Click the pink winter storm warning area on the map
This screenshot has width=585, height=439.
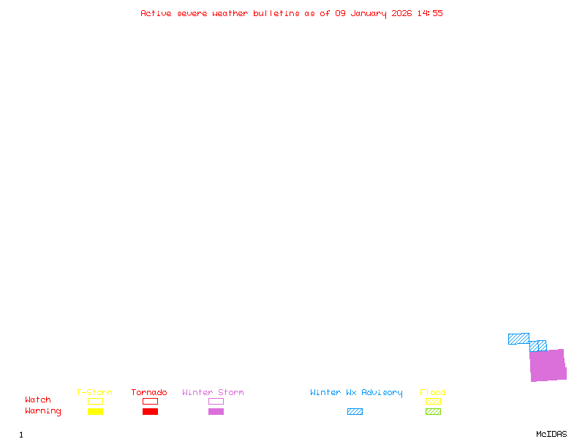[548, 365]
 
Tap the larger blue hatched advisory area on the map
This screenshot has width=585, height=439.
[518, 339]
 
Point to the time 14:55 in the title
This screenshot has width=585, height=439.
[430, 13]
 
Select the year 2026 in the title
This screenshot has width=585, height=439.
[401, 13]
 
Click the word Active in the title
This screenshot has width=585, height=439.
[156, 13]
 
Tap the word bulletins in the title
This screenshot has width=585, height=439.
[276, 13]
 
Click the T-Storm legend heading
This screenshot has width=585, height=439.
[94, 392]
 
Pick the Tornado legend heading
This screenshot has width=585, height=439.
[149, 392]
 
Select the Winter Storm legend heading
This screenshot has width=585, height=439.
[213, 392]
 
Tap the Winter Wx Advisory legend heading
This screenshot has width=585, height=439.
[356, 392]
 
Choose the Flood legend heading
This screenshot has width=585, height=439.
[433, 392]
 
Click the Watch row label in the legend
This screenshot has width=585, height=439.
[38, 400]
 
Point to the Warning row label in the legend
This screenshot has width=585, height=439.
[43, 411]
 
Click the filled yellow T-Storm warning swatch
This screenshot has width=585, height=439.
[95, 412]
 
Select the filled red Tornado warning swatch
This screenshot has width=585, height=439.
[150, 412]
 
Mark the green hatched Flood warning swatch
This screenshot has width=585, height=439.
[433, 412]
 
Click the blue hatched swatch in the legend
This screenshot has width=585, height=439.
[355, 412]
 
